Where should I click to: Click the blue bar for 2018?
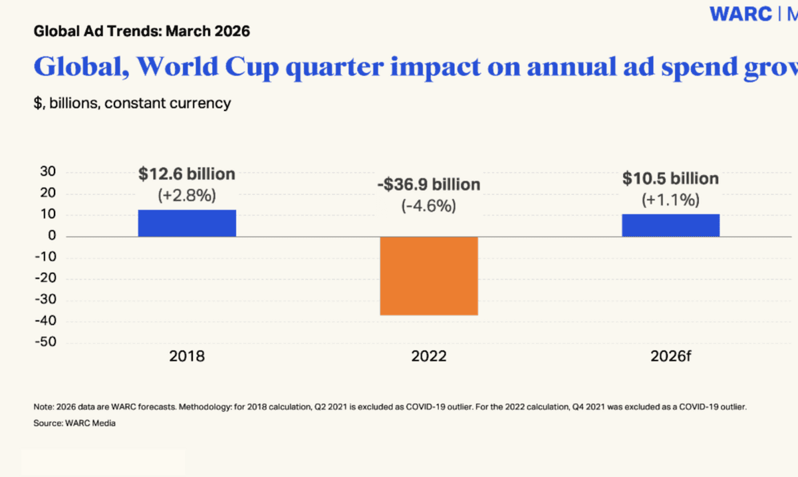click(187, 223)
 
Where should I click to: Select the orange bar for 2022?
click(428, 275)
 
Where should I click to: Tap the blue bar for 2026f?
click(670, 225)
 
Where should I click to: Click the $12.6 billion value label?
click(187, 174)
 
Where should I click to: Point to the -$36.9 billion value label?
click(428, 184)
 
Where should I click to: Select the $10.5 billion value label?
click(670, 178)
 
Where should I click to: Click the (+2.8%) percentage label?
click(187, 196)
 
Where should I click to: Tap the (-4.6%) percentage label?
click(428, 206)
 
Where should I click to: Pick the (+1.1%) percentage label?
click(670, 200)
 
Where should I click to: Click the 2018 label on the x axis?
click(187, 356)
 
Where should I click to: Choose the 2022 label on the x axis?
click(428, 356)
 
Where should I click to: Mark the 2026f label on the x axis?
click(670, 356)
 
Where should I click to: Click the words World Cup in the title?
click(215, 67)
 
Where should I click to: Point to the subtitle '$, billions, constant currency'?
click(132, 103)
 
